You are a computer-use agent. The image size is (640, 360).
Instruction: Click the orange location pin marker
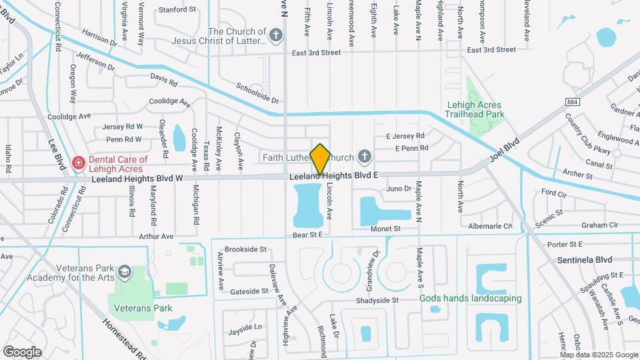(320, 159)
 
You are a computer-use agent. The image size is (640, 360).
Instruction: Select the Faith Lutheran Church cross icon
(364, 157)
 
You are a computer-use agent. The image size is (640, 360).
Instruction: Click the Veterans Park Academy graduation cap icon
(124, 272)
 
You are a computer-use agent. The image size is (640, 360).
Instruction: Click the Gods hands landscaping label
(470, 298)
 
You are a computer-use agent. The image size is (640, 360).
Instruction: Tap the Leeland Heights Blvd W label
(137, 179)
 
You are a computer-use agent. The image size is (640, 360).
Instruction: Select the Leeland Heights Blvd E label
(334, 175)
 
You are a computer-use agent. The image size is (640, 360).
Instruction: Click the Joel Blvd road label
(504, 153)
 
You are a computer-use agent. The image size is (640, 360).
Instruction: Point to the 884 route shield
(571, 101)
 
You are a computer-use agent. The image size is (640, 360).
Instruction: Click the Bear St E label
(307, 235)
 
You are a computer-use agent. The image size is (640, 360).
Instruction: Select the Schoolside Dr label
(257, 92)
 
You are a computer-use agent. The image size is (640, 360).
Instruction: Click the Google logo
(22, 351)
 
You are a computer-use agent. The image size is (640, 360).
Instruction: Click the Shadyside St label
(377, 300)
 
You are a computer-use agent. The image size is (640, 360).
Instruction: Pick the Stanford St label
(177, 10)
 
